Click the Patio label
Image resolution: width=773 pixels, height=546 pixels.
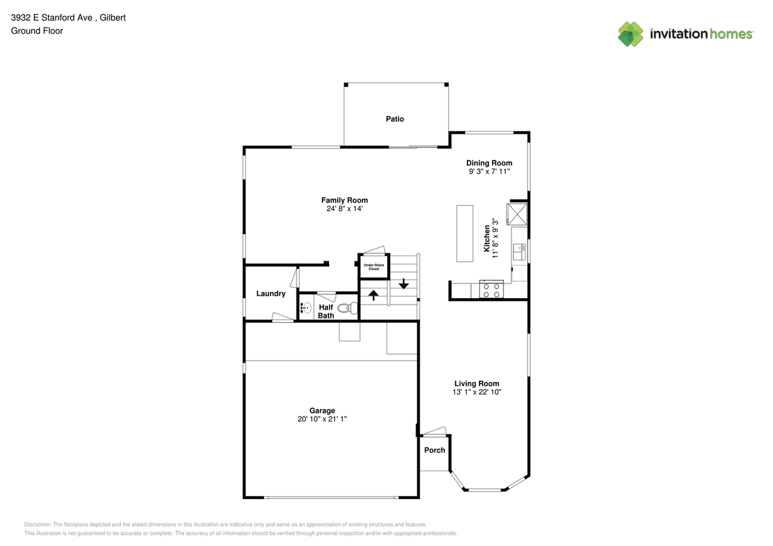[x=395, y=119]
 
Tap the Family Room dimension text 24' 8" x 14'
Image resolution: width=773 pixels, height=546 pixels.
[x=344, y=209]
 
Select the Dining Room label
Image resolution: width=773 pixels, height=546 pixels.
[x=489, y=163]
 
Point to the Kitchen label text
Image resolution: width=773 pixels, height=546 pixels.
[x=487, y=238]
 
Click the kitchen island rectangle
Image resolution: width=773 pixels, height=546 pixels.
[x=464, y=233]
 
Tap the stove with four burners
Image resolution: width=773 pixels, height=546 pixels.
[x=491, y=290]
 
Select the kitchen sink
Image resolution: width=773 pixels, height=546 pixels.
[x=519, y=252]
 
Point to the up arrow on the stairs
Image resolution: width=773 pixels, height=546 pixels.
[x=374, y=295]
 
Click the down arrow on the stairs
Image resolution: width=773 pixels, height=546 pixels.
[x=403, y=283]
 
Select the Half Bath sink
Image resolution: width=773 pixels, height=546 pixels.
[x=305, y=308]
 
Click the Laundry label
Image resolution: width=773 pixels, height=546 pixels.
[x=271, y=294]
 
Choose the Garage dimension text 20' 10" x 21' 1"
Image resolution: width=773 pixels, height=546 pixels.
[x=322, y=419]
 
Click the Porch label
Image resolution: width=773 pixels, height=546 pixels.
[x=434, y=450]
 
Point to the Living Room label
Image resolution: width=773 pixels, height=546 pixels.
[x=476, y=383]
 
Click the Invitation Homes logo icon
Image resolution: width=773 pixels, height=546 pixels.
[x=630, y=34]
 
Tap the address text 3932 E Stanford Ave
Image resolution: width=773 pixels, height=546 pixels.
[x=52, y=17]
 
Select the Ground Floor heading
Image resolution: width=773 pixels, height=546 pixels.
[x=37, y=31]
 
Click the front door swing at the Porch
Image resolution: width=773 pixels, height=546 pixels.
[x=434, y=431]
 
